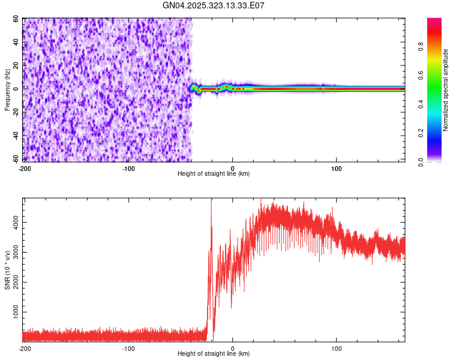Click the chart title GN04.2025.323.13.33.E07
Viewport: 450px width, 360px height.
(x=214, y=5)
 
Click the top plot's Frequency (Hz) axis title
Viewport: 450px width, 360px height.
(x=7, y=89)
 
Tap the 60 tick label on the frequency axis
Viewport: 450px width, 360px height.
(x=16, y=19)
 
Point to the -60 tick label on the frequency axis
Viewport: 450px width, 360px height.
(x=15, y=159)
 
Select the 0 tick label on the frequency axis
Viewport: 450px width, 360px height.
(x=18, y=89)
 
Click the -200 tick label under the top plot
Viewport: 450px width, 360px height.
(x=25, y=167)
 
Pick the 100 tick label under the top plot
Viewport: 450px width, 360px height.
(x=337, y=167)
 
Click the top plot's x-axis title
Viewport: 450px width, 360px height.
(x=214, y=174)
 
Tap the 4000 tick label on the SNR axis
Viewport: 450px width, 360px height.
(x=13, y=222)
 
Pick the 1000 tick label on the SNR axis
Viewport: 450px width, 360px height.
(x=13, y=313)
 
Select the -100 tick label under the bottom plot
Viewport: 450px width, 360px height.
(x=128, y=348)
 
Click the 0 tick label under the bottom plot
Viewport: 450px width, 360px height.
(x=233, y=348)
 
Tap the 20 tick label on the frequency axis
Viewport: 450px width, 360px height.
(x=16, y=65)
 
